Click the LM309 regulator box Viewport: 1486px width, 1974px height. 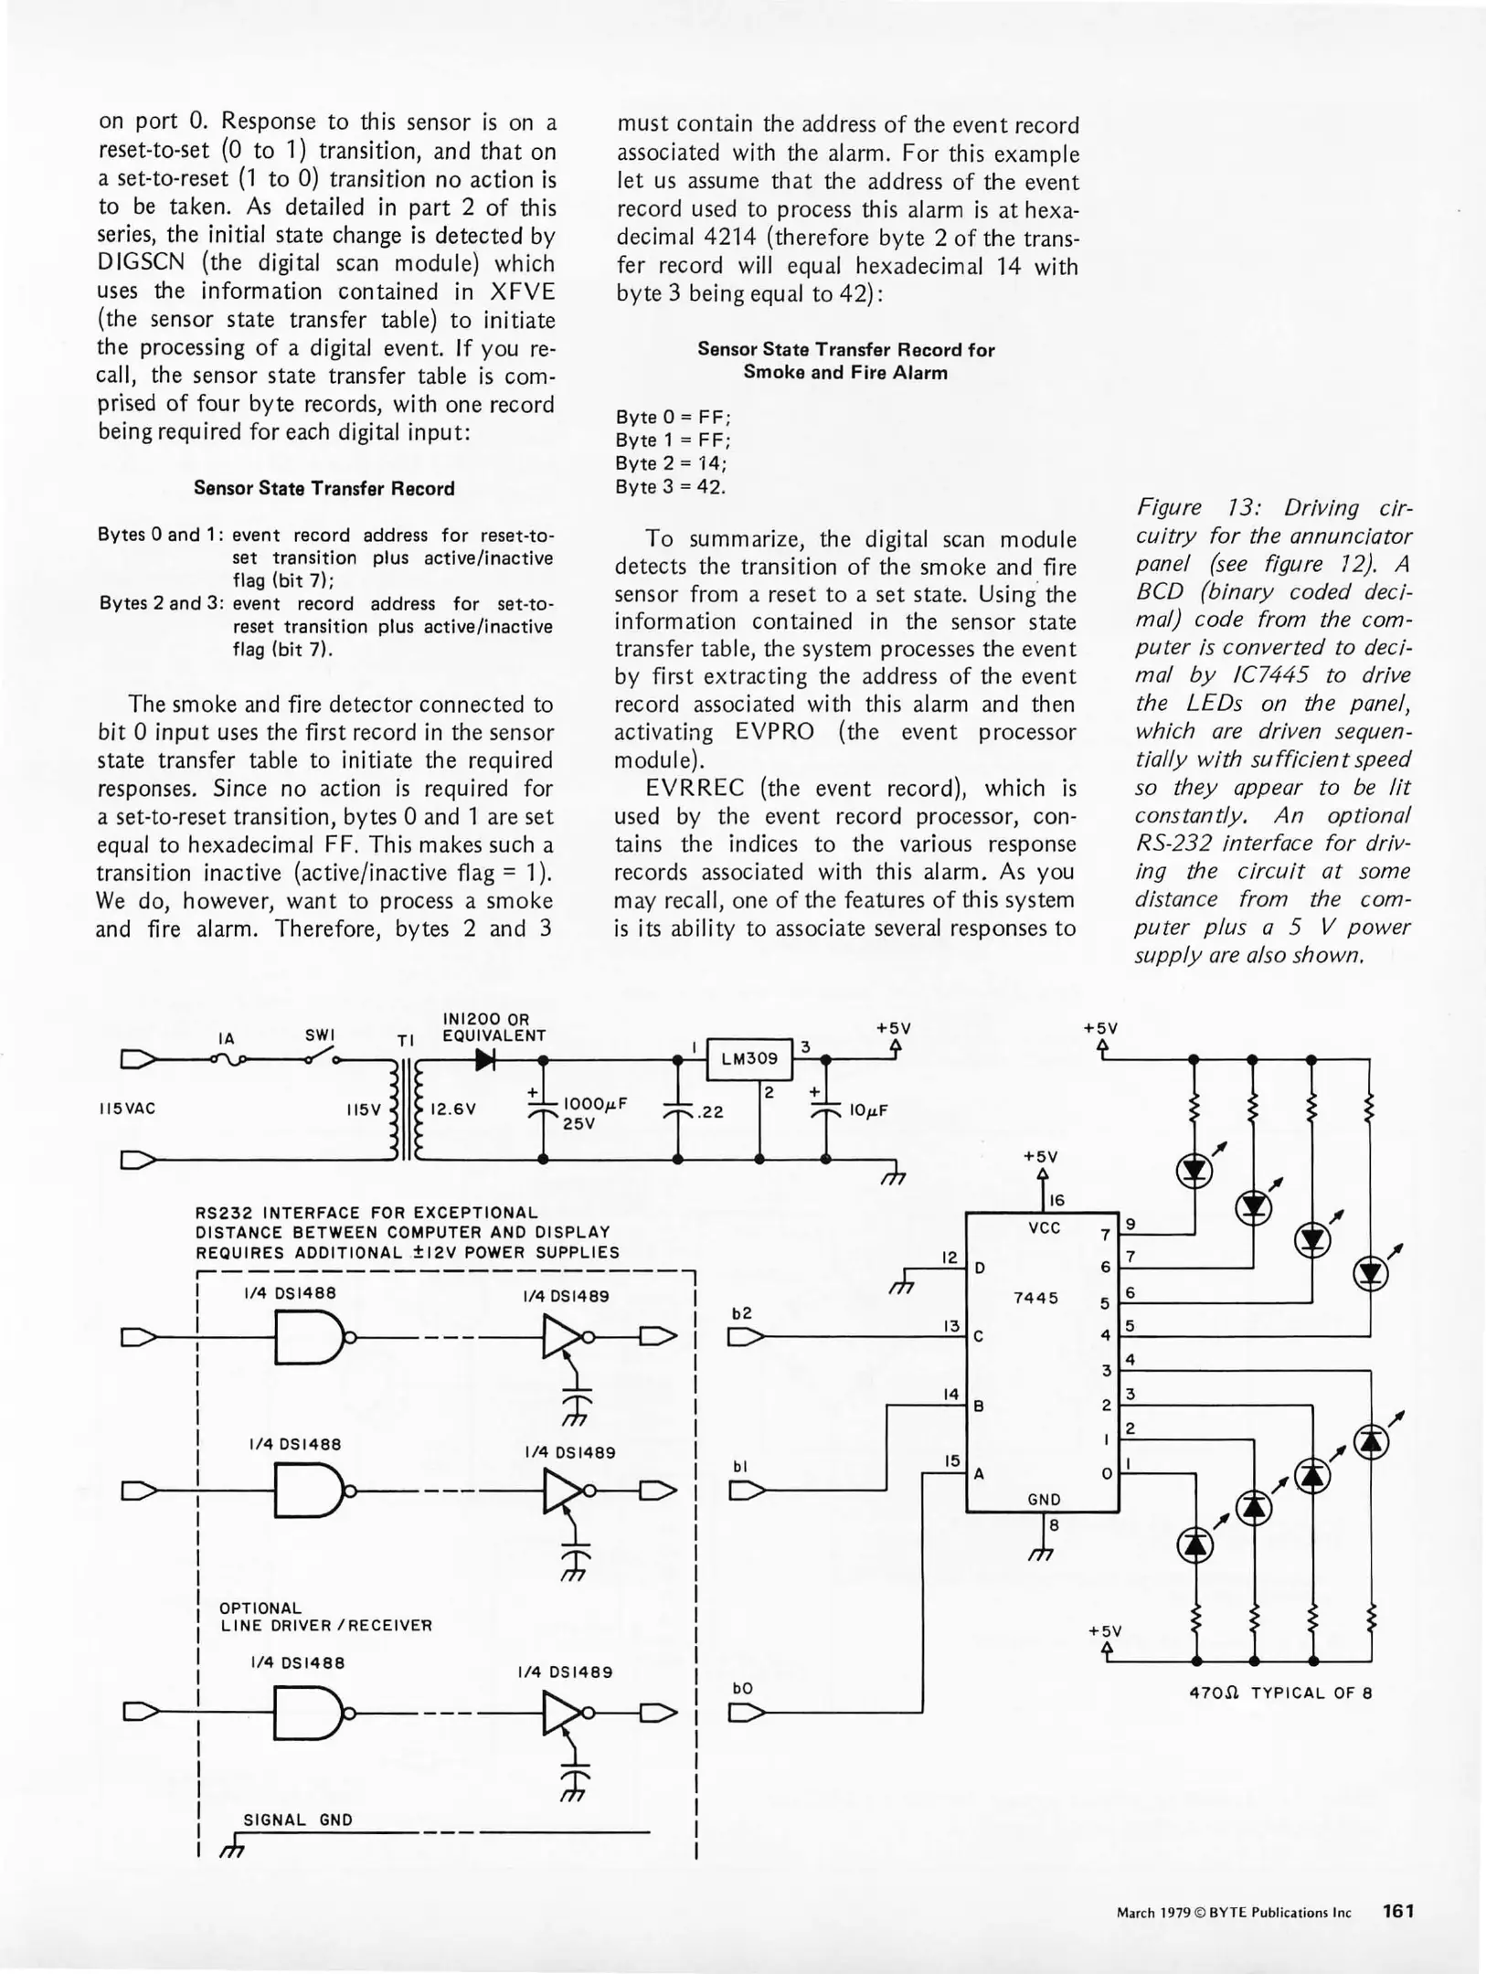coord(749,1058)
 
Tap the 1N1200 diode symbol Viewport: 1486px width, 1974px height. coord(485,1060)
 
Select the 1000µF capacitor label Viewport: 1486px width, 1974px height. coord(595,1103)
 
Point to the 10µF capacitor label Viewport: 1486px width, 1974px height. coord(868,1110)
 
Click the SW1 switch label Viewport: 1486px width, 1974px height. coord(320,1035)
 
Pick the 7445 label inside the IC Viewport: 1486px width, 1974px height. coord(1035,1298)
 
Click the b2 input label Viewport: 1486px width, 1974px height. coord(742,1313)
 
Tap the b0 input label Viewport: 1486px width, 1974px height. coord(742,1688)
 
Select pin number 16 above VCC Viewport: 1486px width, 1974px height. coord(1056,1200)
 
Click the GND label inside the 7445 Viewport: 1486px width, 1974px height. coord(1044,1499)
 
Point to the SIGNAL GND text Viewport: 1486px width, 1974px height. coord(298,1820)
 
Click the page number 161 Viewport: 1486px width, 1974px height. coord(1398,1911)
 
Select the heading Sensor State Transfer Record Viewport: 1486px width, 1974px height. coord(324,489)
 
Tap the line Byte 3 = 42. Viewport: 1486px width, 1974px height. coord(670,487)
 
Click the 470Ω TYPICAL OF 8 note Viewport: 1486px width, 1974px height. coord(1280,1693)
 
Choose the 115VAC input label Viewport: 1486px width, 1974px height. coord(127,1109)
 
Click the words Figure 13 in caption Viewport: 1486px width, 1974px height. coord(1190,508)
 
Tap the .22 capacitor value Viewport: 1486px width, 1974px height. coord(709,1111)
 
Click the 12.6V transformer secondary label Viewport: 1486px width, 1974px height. coord(453,1109)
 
